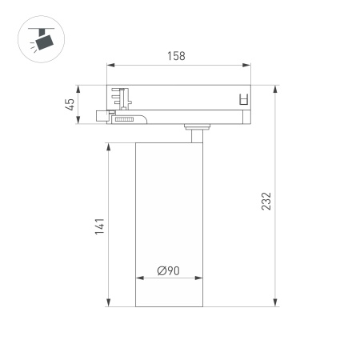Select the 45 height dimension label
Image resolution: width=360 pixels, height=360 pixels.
(70, 103)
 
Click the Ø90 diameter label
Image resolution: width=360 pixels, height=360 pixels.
(168, 270)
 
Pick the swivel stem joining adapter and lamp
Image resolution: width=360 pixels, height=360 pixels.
(195, 130)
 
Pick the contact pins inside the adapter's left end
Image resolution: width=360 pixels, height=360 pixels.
(122, 98)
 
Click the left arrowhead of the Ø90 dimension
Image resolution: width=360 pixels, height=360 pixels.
(138, 279)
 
